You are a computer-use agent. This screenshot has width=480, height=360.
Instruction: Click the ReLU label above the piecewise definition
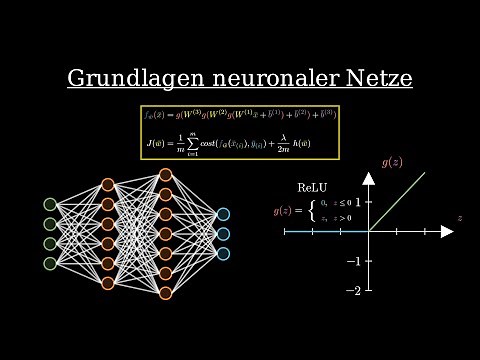tap(312, 187)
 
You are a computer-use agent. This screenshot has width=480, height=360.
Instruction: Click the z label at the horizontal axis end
tap(459, 217)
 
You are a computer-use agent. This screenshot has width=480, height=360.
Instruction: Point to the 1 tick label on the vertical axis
tap(357, 201)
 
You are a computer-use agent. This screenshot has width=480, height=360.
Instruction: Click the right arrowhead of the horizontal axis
tap(450, 231)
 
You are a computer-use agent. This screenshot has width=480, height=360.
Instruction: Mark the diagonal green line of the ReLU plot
tap(398, 202)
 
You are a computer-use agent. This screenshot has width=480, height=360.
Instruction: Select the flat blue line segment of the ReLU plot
tap(326, 231)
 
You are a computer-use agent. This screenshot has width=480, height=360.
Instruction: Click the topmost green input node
tap(49, 204)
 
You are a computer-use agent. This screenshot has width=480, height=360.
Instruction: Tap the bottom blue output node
tap(223, 253)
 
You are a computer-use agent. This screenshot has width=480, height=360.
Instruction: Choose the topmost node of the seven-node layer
tap(165, 174)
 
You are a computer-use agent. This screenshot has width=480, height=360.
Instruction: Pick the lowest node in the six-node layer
tap(107, 283)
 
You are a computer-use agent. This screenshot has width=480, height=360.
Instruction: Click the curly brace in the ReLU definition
tap(311, 212)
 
